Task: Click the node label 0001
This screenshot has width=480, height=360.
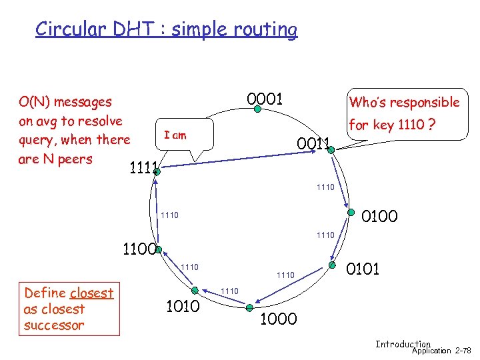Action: click(265, 100)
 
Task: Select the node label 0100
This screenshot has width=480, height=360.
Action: click(379, 216)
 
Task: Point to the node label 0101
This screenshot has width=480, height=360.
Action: click(363, 269)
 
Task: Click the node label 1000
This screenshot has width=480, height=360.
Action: click(278, 319)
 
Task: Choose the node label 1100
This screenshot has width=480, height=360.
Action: click(139, 250)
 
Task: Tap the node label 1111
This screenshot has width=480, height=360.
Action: click(143, 168)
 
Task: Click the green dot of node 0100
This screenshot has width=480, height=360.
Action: click(351, 213)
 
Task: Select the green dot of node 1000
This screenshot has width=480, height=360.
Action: click(249, 307)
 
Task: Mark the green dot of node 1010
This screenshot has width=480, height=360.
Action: click(204, 289)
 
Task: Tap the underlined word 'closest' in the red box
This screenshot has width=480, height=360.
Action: click(91, 293)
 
